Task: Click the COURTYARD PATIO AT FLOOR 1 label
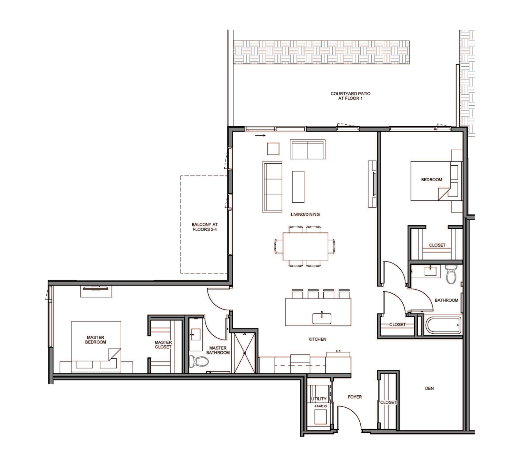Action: point(350,96)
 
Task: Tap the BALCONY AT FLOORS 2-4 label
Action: point(205,227)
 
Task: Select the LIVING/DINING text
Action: point(305,214)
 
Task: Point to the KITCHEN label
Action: point(317,339)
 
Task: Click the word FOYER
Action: point(355,397)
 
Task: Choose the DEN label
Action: point(429,388)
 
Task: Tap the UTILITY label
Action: point(319,398)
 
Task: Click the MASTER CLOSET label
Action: point(163,345)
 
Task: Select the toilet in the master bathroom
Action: point(199,361)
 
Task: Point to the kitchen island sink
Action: point(322,318)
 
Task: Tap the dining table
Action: point(305,246)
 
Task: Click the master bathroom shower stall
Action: point(245,353)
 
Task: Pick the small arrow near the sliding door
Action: point(260,135)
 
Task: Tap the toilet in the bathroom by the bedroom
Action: point(451,274)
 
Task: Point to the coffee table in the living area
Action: point(298,187)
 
